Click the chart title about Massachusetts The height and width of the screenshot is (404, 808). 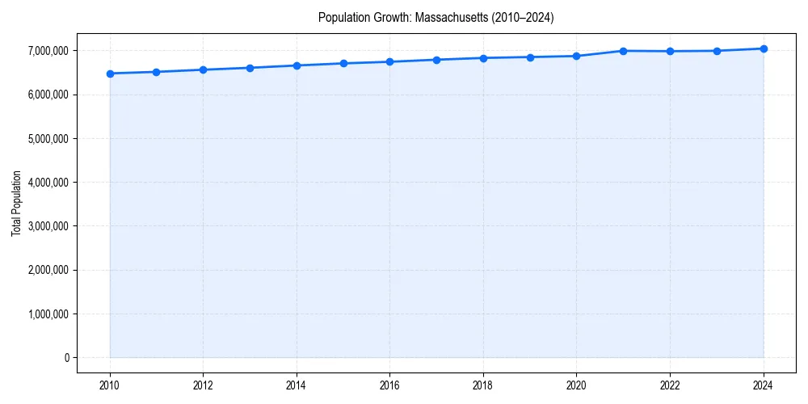(x=436, y=17)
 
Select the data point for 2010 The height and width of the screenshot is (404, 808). (x=110, y=74)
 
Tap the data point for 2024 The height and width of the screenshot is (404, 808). (x=764, y=48)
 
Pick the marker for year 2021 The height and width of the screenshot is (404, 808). (x=623, y=51)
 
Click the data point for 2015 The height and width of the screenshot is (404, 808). (x=343, y=63)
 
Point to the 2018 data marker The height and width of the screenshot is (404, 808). (x=483, y=58)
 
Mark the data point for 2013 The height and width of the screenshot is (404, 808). (x=250, y=68)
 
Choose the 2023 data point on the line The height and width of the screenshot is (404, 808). (x=717, y=51)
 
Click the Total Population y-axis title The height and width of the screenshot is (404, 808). (x=16, y=203)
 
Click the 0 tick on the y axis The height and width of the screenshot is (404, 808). (x=66, y=357)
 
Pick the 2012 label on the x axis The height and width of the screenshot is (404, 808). (x=203, y=385)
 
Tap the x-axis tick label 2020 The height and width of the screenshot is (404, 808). (x=577, y=385)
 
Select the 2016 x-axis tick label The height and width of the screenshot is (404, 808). (x=390, y=385)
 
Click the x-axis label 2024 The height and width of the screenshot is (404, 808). (x=764, y=385)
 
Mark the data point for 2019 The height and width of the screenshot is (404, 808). (x=530, y=57)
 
